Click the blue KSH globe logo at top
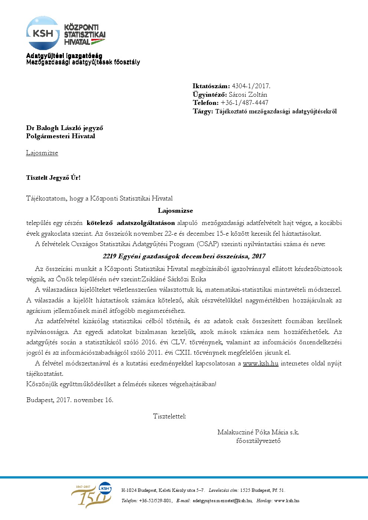point(43,33)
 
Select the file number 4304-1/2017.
point(251,86)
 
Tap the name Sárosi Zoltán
point(248,95)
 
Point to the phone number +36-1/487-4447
point(244,103)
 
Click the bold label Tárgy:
point(203,111)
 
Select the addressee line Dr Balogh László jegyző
point(65,128)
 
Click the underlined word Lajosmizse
point(42,153)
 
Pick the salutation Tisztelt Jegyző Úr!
point(53,178)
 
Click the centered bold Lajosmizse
point(175,211)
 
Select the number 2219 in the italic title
point(109,256)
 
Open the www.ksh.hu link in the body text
point(260,363)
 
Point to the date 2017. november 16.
point(85,400)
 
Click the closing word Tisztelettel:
point(170,416)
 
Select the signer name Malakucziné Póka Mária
point(253,432)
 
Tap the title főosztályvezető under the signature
point(258,441)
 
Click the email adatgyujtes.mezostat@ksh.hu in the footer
point(222,501)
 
